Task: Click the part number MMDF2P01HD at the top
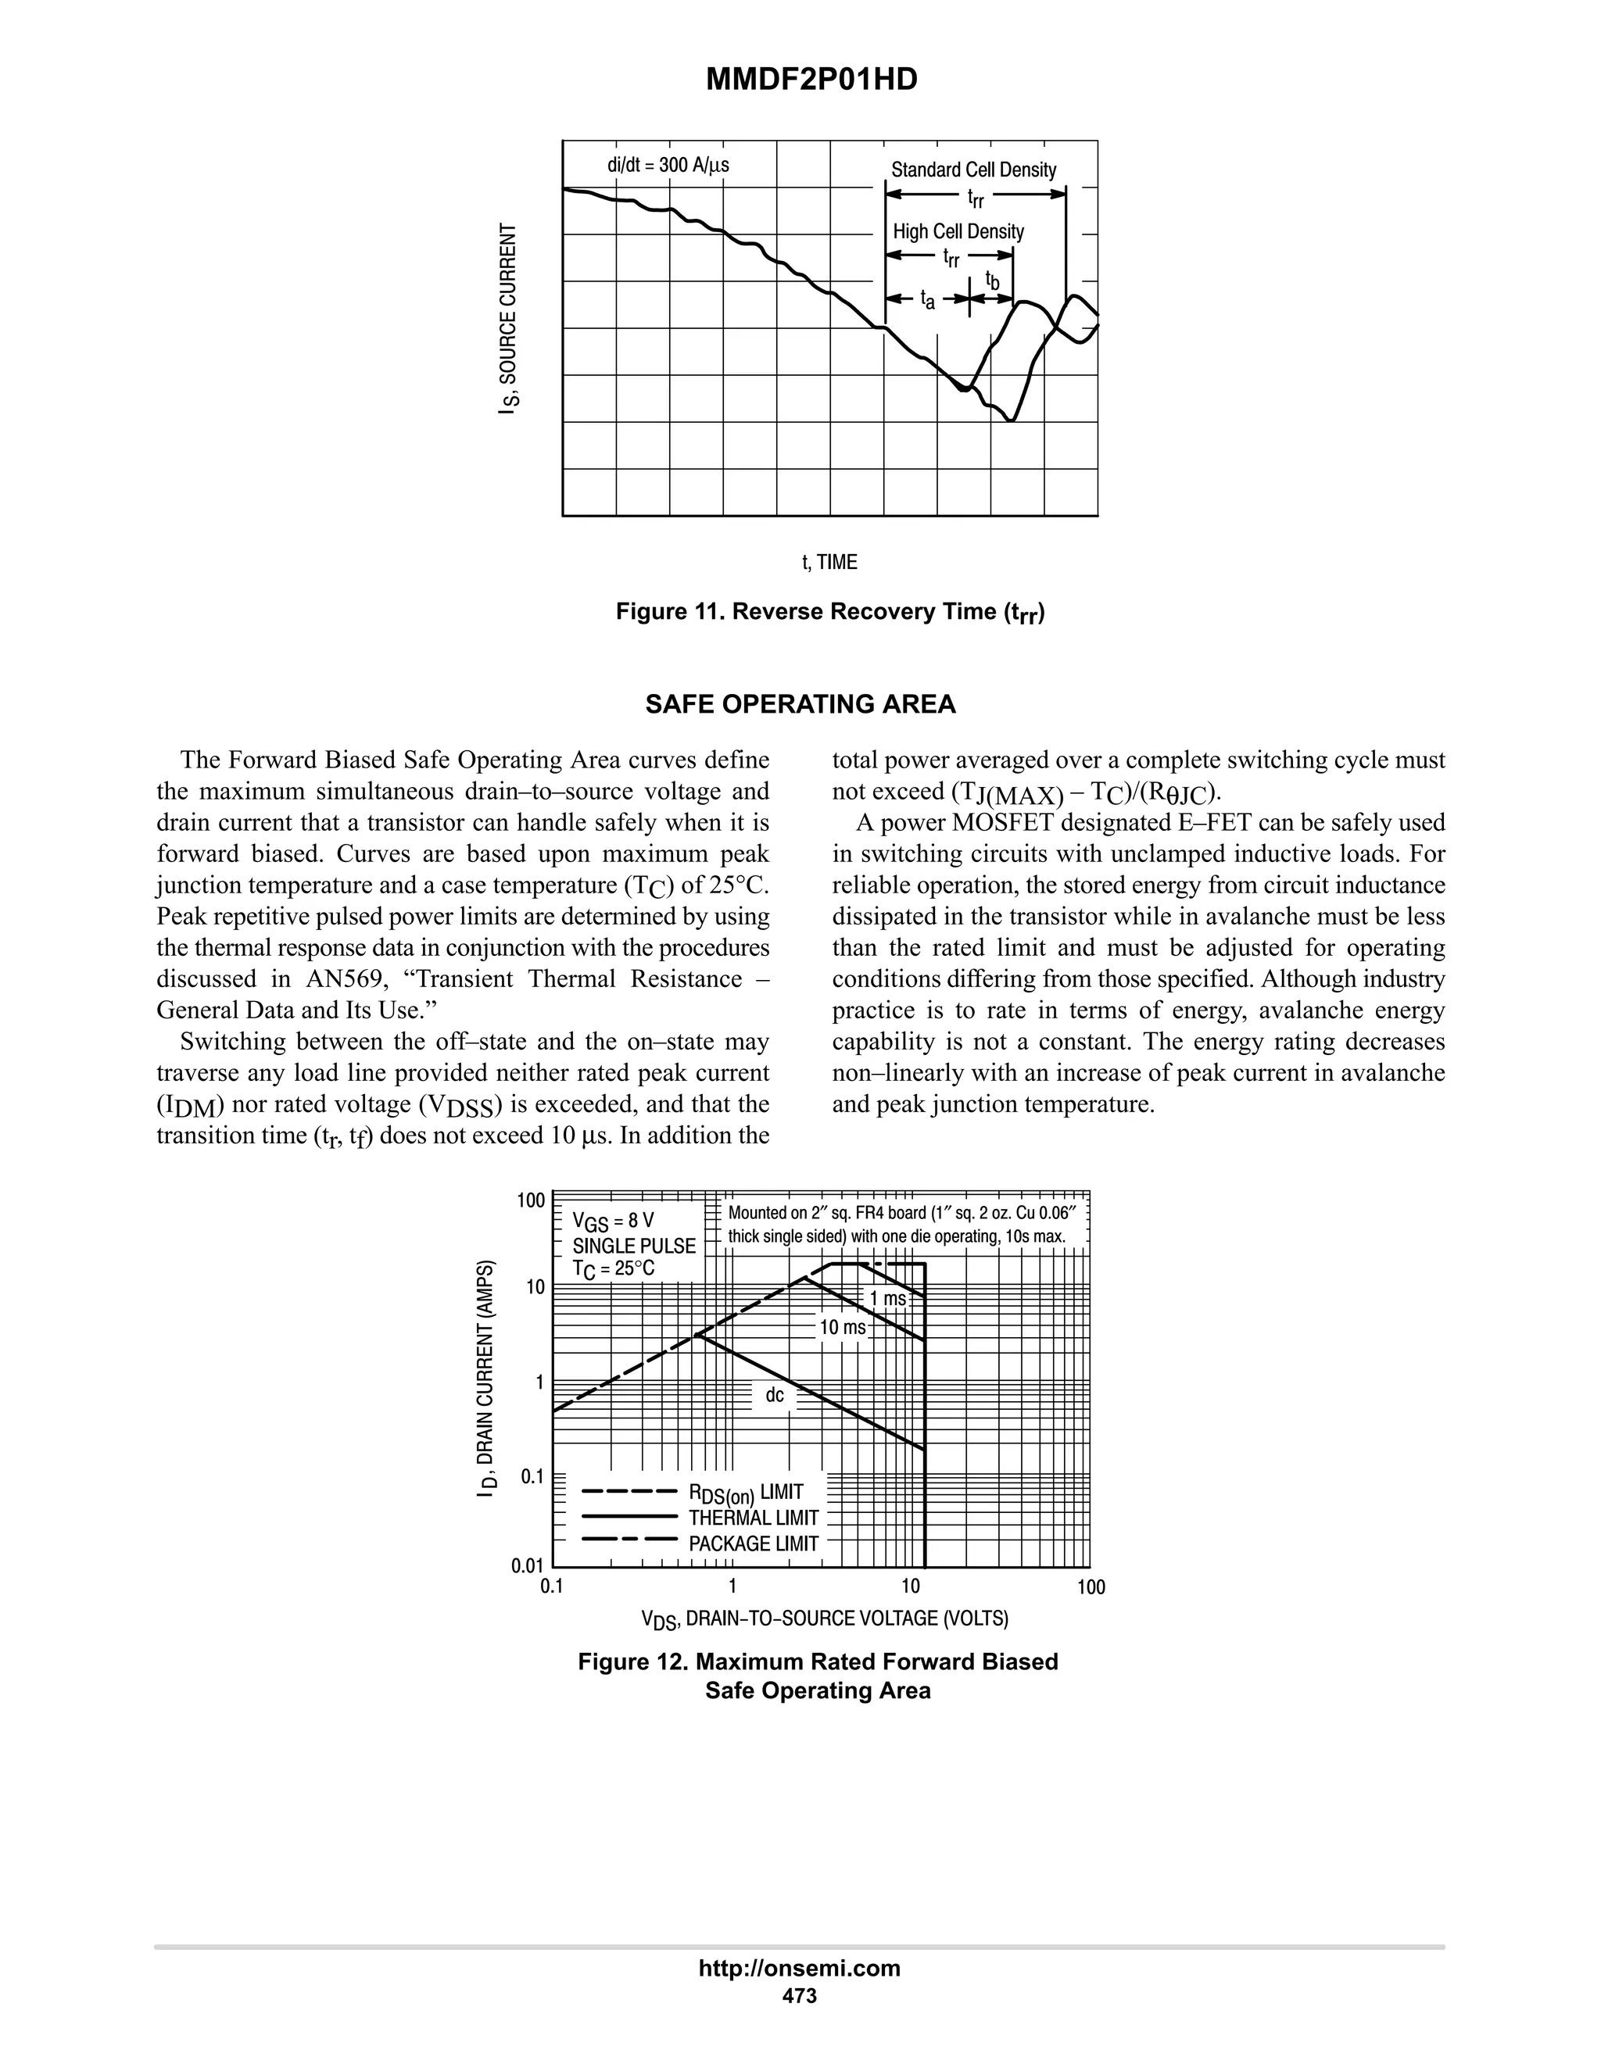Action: (812, 80)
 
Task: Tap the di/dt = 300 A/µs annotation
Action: (668, 165)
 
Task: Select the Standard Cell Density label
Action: (973, 170)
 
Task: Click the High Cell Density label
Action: (958, 231)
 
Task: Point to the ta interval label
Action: (928, 301)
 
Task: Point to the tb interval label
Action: (992, 281)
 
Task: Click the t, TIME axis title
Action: (830, 563)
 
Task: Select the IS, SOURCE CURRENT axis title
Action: (510, 319)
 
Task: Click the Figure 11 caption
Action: (830, 612)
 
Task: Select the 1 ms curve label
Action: (888, 1298)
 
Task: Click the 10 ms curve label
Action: (842, 1328)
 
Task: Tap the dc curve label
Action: (775, 1395)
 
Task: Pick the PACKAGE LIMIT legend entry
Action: (753, 1543)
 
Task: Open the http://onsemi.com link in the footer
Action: (800, 1968)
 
